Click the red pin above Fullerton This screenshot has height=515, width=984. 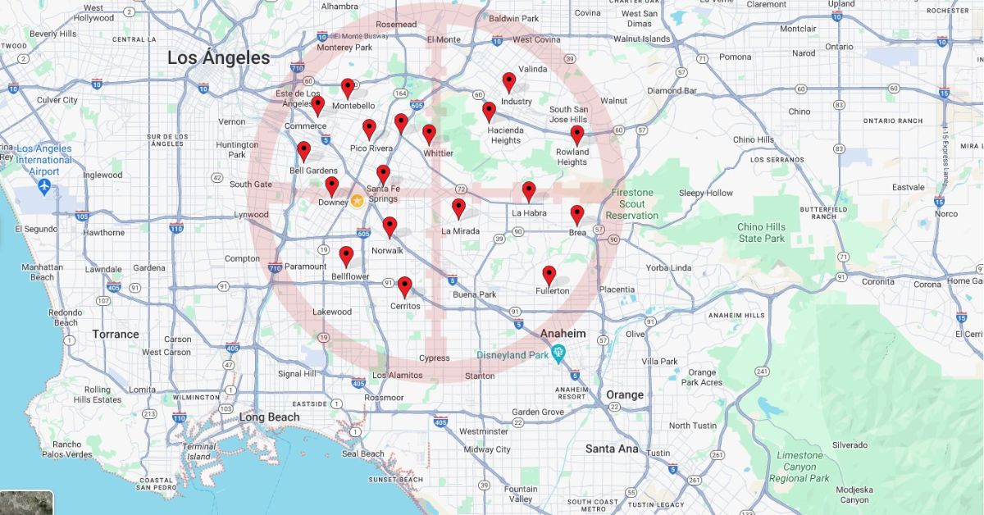click(549, 275)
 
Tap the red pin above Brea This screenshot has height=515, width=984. click(577, 215)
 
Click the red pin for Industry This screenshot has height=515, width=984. click(509, 82)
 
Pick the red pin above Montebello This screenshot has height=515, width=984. click(348, 88)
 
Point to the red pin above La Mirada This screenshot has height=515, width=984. click(458, 209)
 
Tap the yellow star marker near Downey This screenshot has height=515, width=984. click(358, 200)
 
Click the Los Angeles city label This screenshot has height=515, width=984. click(218, 58)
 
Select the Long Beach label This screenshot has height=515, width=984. click(269, 417)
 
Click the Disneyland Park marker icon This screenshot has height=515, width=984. click(559, 354)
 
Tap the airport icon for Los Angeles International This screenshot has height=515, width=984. click(43, 188)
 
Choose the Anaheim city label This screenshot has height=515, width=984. click(563, 334)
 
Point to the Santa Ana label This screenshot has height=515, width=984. click(612, 449)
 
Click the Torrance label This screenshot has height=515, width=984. click(116, 334)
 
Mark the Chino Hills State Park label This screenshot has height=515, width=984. click(762, 233)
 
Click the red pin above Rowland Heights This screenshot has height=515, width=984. click(577, 135)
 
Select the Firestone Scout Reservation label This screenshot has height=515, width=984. click(631, 204)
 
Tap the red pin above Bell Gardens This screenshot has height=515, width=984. click(303, 151)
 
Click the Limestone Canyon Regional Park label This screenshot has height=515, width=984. click(799, 467)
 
